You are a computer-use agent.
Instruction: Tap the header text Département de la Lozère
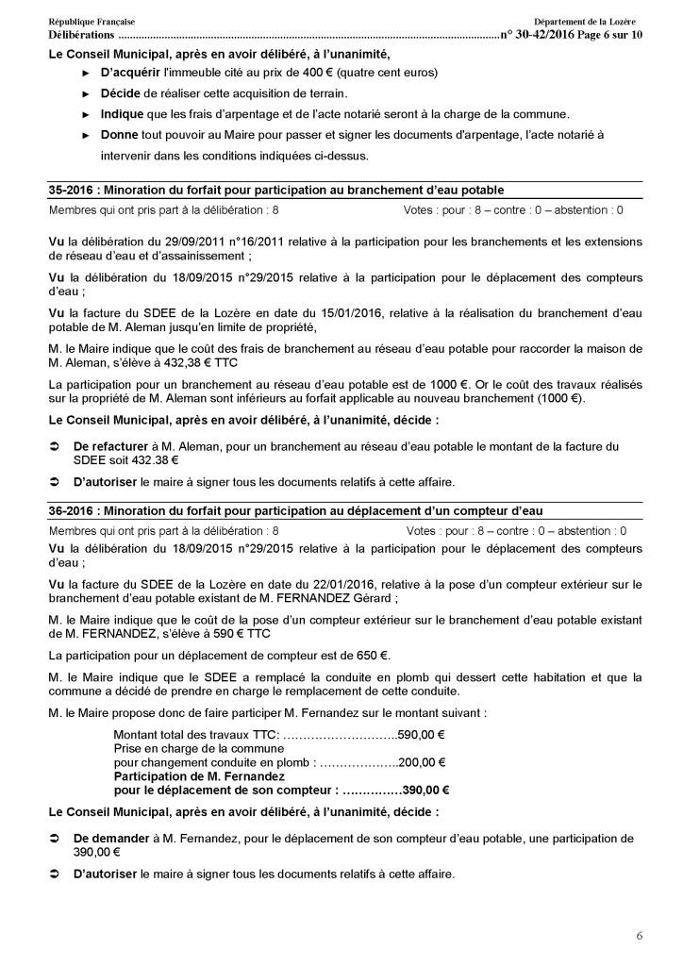(x=584, y=21)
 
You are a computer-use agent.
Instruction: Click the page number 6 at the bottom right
(x=640, y=936)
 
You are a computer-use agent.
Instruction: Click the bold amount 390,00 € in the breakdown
(x=425, y=791)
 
